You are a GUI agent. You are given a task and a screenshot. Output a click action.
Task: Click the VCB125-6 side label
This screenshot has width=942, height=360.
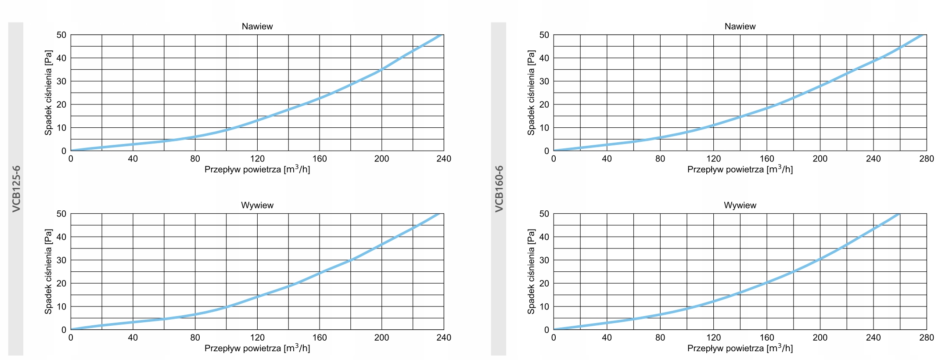click(x=16, y=189)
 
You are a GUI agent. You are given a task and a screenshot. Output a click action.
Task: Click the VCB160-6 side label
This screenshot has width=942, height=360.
click(x=499, y=189)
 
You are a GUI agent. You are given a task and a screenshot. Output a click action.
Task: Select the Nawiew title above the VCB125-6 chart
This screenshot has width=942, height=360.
click(x=257, y=26)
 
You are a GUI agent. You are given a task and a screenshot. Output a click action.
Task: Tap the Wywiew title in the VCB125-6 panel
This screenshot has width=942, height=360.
click(x=257, y=205)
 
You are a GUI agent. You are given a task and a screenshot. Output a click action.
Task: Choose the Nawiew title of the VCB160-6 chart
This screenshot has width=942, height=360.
click(x=740, y=26)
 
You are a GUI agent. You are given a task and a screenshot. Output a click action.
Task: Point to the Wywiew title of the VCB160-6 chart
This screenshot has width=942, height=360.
click(x=740, y=205)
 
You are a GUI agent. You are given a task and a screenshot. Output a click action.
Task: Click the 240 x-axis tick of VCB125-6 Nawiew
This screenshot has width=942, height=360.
click(x=444, y=159)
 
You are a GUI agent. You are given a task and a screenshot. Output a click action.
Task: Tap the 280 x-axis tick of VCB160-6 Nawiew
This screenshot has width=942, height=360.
click(x=927, y=159)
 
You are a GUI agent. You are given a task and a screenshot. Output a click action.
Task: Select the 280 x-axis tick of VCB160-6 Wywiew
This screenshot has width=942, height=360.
click(x=927, y=338)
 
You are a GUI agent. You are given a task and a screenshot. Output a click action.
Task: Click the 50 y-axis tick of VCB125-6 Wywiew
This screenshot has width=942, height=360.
click(x=61, y=214)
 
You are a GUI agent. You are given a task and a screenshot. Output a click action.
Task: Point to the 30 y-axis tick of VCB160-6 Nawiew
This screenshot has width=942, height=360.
click(x=544, y=81)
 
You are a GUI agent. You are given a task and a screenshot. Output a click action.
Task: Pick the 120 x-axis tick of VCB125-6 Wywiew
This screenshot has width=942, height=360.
click(x=257, y=338)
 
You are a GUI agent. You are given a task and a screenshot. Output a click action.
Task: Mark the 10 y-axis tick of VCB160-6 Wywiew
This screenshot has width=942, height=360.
click(x=544, y=306)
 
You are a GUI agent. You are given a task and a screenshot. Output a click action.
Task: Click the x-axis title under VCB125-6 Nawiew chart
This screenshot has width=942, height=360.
click(x=257, y=169)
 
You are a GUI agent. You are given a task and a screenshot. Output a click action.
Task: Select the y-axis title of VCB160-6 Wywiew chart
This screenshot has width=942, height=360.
click(x=531, y=271)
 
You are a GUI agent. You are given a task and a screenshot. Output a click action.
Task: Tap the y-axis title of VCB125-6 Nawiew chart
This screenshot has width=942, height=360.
click(x=48, y=93)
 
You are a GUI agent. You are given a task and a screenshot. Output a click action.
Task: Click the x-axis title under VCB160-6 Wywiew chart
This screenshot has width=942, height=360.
click(x=740, y=348)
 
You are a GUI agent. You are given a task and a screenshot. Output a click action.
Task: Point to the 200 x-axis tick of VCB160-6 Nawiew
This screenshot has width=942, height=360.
click(x=820, y=159)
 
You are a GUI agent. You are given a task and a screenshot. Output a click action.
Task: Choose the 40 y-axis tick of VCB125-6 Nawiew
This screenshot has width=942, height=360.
click(x=61, y=58)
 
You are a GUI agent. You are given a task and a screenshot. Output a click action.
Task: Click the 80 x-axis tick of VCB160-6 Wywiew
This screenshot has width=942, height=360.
click(x=660, y=338)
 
